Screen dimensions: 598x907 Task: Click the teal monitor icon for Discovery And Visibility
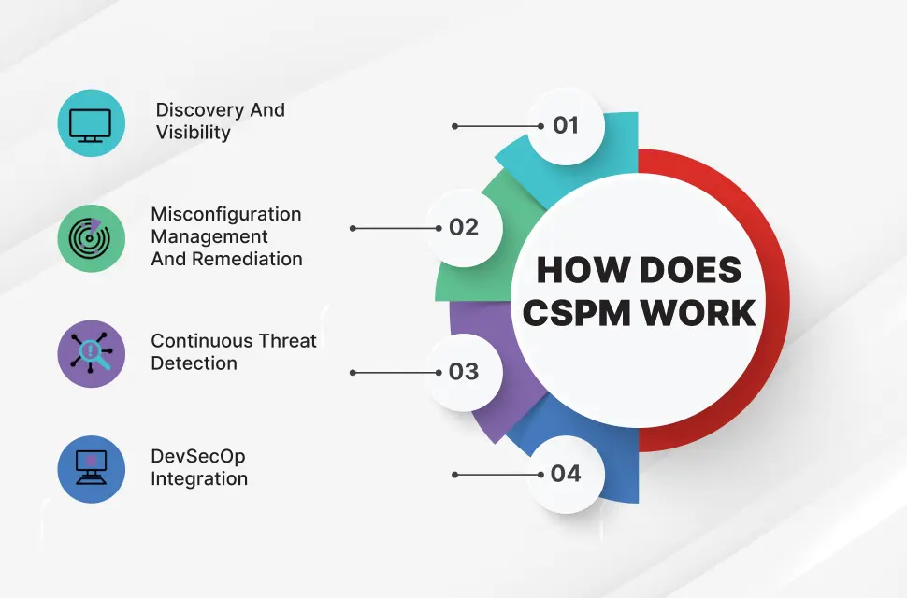[x=91, y=124]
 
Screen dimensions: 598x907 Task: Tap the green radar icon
[x=91, y=238]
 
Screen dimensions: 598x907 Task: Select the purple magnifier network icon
[x=91, y=353]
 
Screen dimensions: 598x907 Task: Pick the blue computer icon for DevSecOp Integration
[x=91, y=468]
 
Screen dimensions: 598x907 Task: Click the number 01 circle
[x=566, y=125]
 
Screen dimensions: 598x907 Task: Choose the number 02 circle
[x=464, y=228]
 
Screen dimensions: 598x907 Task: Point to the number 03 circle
[x=464, y=372]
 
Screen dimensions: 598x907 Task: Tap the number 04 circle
[x=566, y=474]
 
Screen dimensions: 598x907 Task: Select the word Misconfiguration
[x=226, y=214]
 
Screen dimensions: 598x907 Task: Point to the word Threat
[x=284, y=341]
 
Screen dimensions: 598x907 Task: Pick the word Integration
[x=199, y=479]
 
